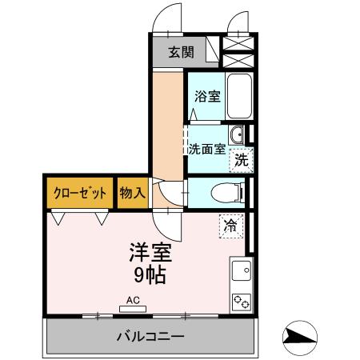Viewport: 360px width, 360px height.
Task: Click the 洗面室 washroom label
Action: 207,148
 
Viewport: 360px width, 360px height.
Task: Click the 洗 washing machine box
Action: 242,159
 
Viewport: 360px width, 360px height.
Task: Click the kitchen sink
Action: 239,274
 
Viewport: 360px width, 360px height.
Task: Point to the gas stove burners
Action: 240,302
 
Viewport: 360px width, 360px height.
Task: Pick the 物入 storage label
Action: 133,193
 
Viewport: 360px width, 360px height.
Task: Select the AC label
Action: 132,302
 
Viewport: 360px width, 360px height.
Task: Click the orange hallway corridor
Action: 167,120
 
